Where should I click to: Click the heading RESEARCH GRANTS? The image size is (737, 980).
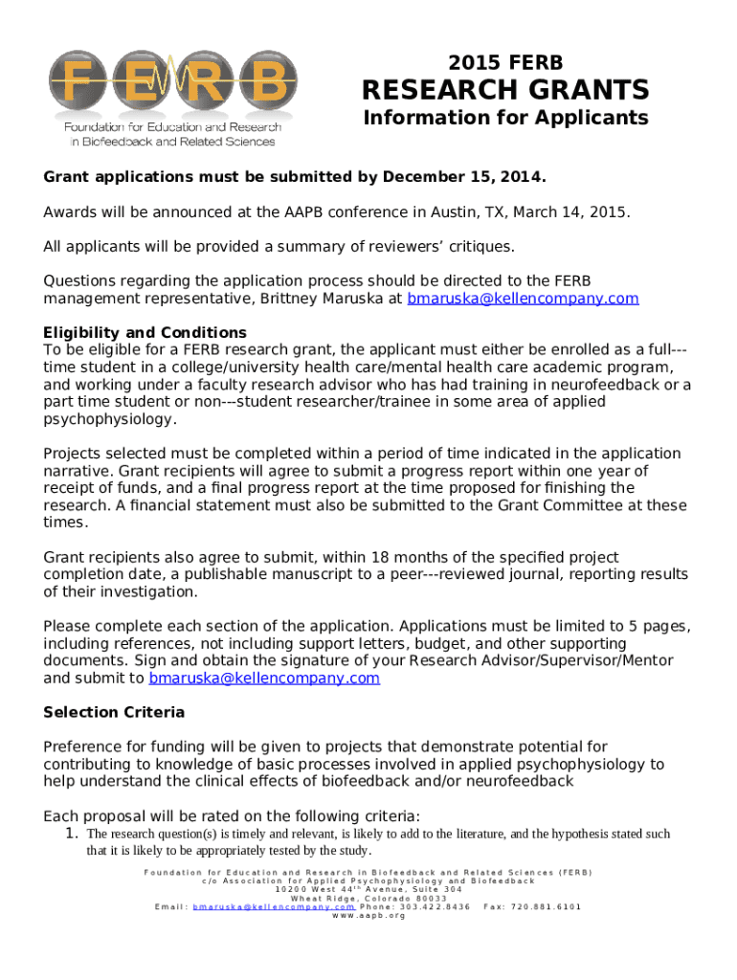(x=504, y=90)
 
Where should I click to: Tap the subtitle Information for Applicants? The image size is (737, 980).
(x=504, y=118)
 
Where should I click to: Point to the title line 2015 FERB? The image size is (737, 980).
(x=505, y=63)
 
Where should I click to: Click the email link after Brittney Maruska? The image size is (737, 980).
(x=523, y=299)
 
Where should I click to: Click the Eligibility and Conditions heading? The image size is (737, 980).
(x=145, y=332)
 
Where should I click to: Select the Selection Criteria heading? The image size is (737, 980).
(x=114, y=712)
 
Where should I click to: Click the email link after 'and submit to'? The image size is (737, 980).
(x=264, y=678)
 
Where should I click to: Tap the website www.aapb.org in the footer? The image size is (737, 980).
(x=368, y=916)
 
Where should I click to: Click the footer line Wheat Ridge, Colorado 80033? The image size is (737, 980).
(x=368, y=898)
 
